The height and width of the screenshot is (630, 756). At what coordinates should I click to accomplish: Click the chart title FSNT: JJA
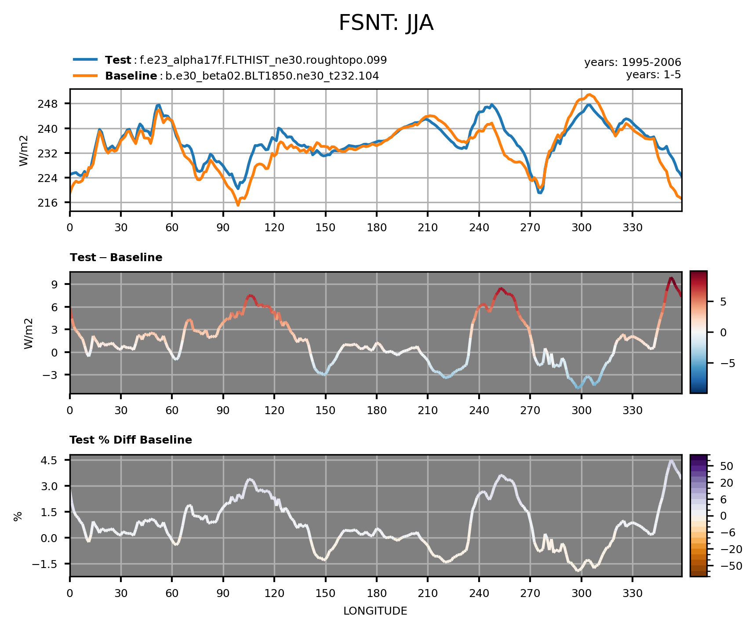tap(386, 23)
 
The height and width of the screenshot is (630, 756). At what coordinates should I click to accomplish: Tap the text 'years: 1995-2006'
tap(632, 62)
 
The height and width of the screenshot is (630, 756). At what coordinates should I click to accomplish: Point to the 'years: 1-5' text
tap(653, 75)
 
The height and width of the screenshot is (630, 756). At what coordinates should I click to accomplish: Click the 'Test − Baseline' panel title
tap(116, 258)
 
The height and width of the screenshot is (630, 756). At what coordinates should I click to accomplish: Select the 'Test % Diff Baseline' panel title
tap(131, 440)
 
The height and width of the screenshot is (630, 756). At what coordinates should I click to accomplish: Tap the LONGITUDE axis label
tap(375, 611)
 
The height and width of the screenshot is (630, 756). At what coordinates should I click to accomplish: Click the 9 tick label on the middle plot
tap(55, 284)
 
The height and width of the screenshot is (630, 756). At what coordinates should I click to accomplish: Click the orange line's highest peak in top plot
tap(589, 95)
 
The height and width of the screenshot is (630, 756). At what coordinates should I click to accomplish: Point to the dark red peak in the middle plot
tap(671, 278)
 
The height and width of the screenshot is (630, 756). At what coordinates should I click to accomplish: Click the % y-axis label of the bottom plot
tap(18, 516)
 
